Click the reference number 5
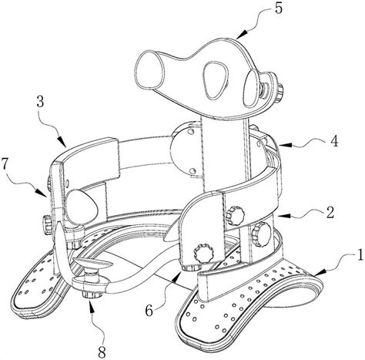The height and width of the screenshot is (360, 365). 279,8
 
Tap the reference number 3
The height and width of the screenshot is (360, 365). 40,103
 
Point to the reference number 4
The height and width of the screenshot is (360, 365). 334,141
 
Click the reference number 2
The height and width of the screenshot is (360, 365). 330,213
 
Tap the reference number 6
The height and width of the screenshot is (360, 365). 149,311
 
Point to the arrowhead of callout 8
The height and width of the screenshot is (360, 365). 92,303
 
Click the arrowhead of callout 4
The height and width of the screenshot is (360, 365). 283,145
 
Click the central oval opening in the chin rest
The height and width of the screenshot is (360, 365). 216,80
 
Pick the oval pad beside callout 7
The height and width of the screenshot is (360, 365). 82,207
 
